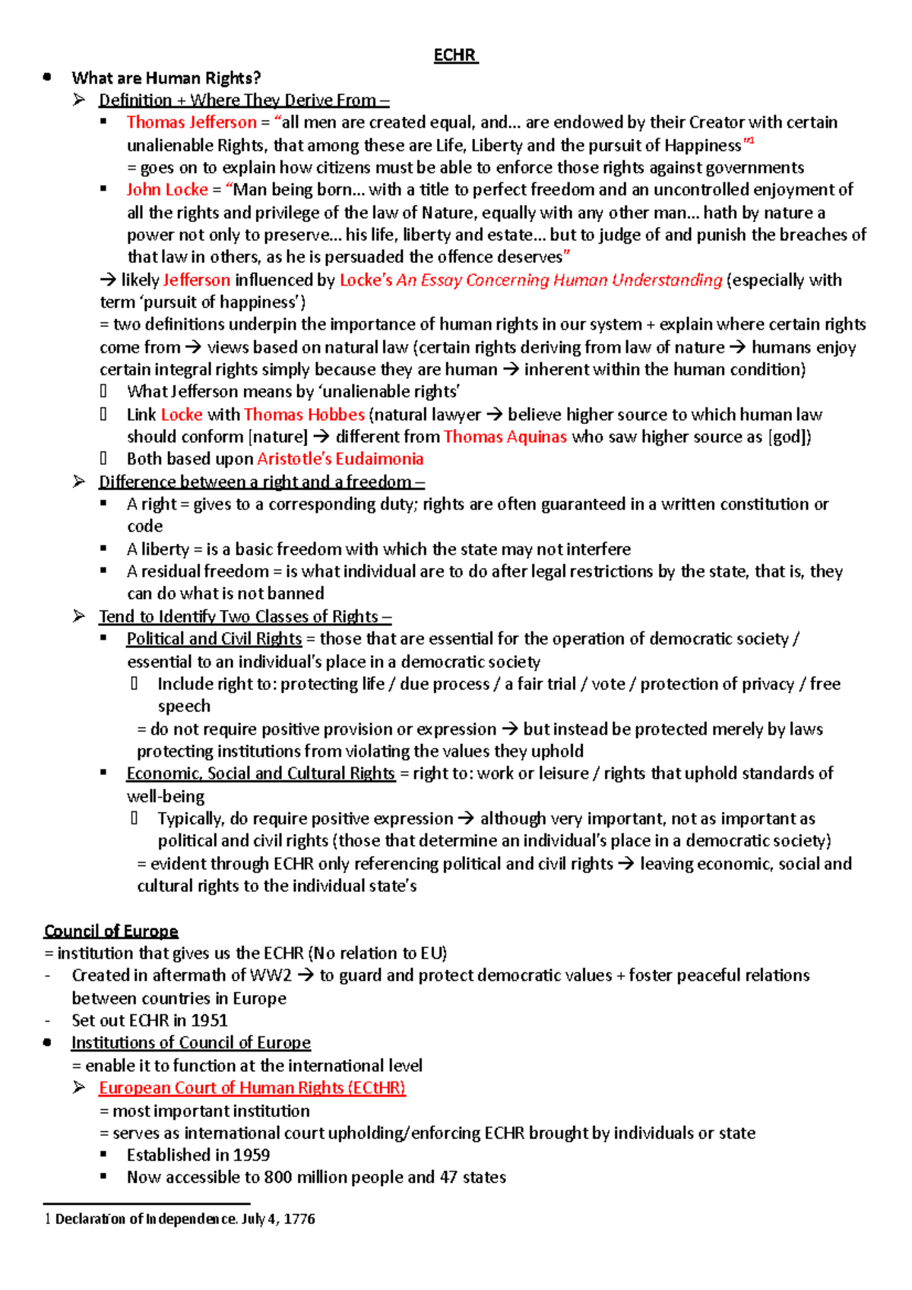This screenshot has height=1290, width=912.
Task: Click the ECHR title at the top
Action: coord(454,55)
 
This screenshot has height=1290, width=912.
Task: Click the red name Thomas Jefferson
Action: coord(192,122)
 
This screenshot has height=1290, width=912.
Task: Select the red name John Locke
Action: coord(167,190)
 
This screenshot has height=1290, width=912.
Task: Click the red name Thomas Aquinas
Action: coord(505,437)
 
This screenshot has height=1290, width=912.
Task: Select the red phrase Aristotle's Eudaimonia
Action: coord(340,459)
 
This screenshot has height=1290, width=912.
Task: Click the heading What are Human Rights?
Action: coord(166,78)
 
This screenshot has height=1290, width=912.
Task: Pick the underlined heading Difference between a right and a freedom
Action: coord(261,482)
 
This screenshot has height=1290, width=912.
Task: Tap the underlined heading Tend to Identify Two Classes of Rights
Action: coord(245,617)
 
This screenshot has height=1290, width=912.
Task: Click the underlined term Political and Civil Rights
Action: coord(214,639)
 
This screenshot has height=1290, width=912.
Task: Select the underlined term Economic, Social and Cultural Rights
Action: coord(260,773)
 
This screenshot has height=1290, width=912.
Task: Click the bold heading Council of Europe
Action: coord(111,931)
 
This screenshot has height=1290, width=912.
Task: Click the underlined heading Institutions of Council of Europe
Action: coord(191,1043)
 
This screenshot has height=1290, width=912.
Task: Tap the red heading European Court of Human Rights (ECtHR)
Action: coord(252,1088)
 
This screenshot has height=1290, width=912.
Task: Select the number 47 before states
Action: coord(448,1178)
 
